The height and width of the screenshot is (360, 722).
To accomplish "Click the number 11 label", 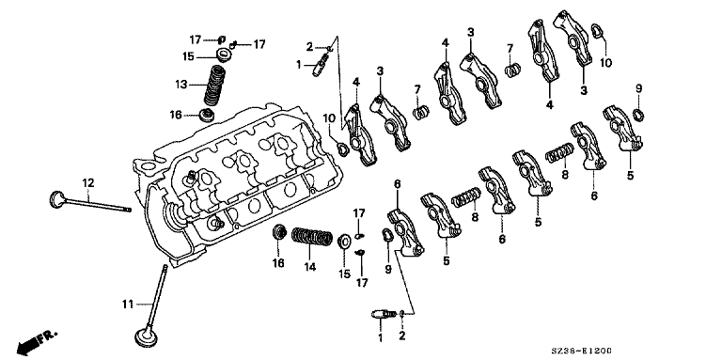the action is pos(128,304).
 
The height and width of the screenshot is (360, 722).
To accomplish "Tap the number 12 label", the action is pos(88,182).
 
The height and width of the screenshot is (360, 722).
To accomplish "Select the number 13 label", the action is pos(180,85).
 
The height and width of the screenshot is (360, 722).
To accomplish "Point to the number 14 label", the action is pos(310,267).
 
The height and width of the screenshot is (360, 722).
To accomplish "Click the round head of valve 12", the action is pos(57,199).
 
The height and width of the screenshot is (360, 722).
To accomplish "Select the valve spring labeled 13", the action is pos(215,86).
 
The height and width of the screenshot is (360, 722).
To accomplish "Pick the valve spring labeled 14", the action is pos(313,236).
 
